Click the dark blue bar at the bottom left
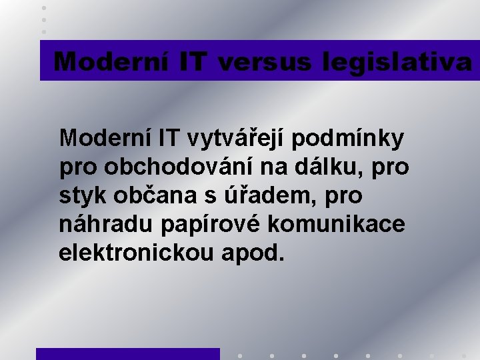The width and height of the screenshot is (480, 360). pos(127,354)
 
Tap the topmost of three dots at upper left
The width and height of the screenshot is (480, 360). pos(44,7)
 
